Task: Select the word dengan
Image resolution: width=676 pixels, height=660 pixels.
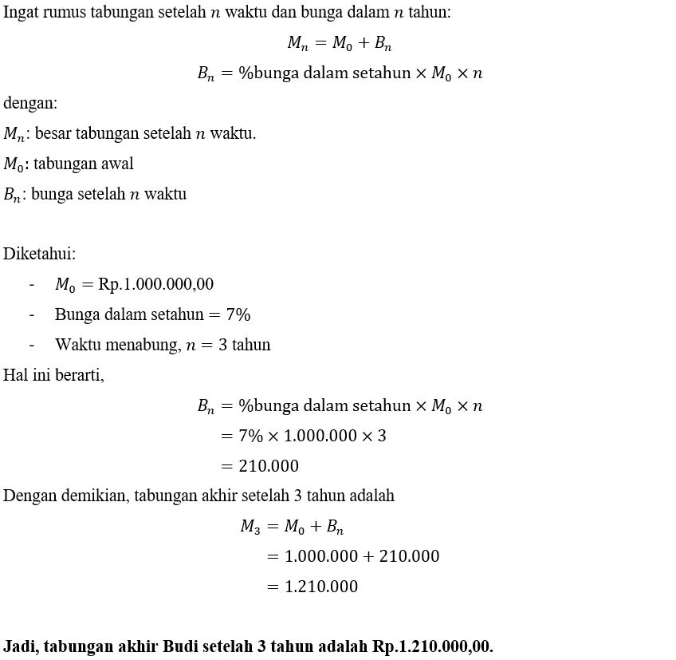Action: [30, 103]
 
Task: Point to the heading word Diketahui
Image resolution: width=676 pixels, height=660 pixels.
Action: [39, 254]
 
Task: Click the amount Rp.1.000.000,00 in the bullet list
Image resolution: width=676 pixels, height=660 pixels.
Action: [156, 284]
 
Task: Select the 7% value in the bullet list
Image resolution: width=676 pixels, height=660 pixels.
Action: [238, 314]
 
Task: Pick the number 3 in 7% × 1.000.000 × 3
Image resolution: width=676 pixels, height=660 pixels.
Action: [382, 436]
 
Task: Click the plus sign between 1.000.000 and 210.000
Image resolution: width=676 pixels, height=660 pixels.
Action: [368, 556]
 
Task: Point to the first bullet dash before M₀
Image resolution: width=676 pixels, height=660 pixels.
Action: [32, 284]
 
